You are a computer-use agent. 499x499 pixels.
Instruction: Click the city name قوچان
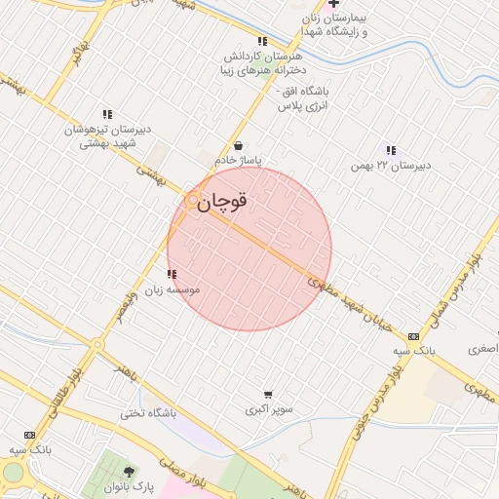tap(223, 201)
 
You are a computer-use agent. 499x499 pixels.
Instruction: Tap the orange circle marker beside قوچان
tap(193, 200)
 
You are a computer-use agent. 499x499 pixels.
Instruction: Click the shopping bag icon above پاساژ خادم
tap(239, 146)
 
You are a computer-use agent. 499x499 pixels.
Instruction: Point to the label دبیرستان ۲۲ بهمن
tap(391, 166)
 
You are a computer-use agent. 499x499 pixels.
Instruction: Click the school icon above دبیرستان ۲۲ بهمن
tap(391, 150)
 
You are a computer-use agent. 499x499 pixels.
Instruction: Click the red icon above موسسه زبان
tap(172, 275)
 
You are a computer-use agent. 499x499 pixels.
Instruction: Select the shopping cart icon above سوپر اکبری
tap(267, 395)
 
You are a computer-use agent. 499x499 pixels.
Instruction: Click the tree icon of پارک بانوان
tap(128, 473)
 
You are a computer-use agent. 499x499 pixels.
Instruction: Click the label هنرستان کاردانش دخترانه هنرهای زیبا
tap(261, 63)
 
